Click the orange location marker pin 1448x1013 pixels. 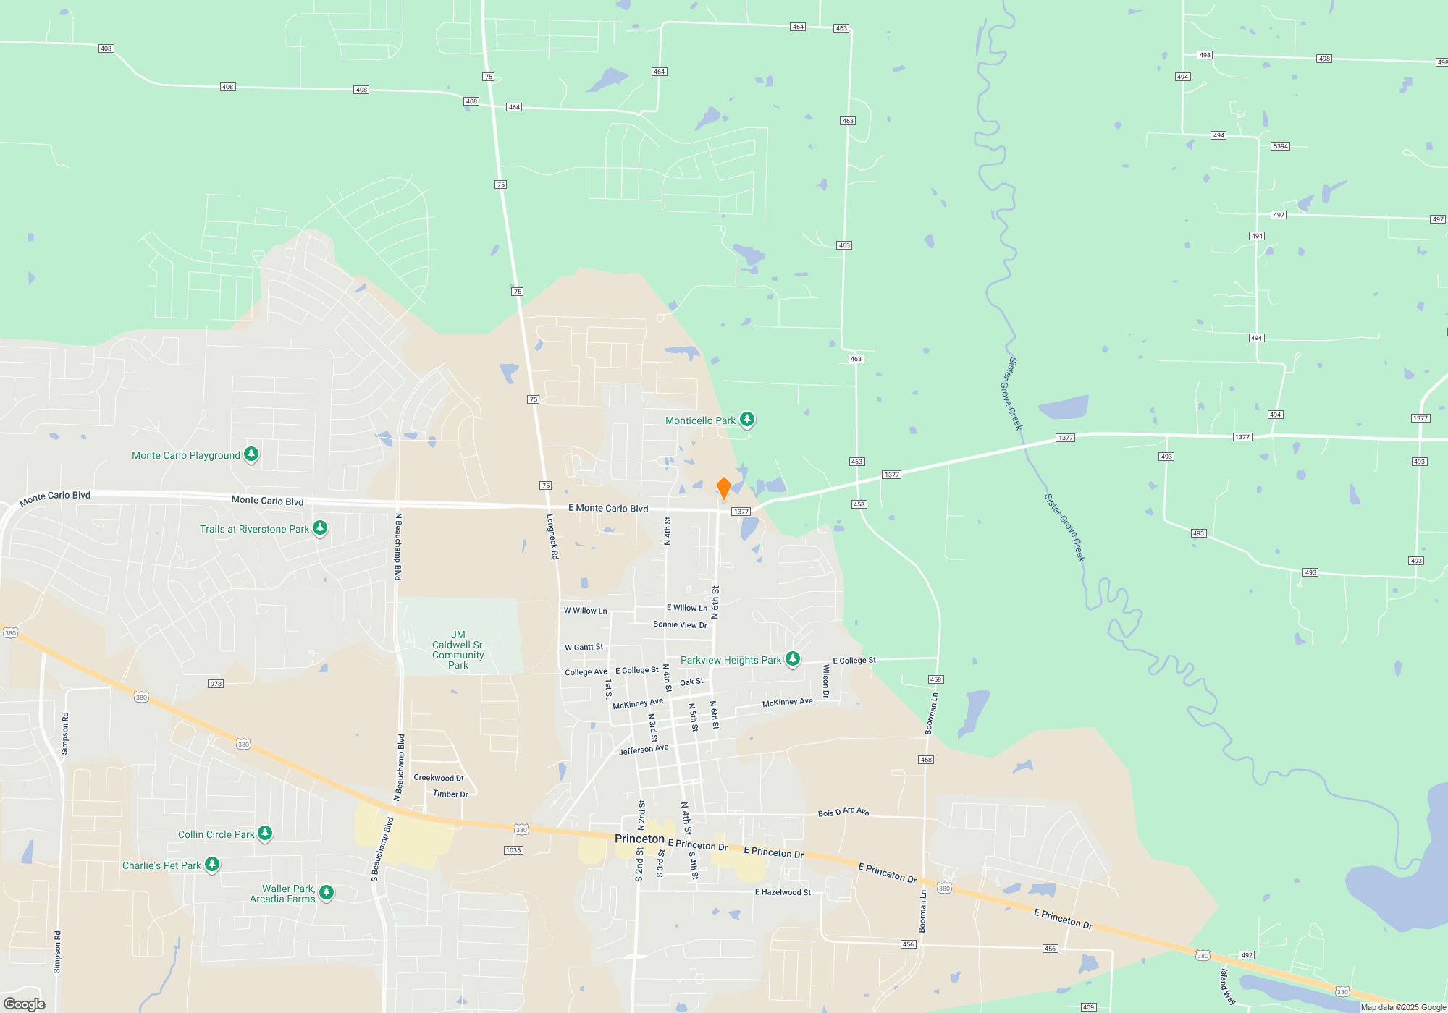pyautogui.click(x=723, y=488)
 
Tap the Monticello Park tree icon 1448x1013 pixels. pyautogui.click(x=747, y=420)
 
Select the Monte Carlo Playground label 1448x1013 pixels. pyautogui.click(x=186, y=455)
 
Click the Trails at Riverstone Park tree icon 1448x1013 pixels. pyautogui.click(x=319, y=528)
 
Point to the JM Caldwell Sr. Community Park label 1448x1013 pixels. pyautogui.click(x=458, y=650)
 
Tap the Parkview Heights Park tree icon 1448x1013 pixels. pyautogui.click(x=793, y=659)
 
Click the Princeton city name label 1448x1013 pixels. pyautogui.click(x=639, y=839)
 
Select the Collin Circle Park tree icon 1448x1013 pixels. pyautogui.click(x=265, y=834)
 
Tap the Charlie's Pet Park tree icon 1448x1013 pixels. pyautogui.click(x=212, y=865)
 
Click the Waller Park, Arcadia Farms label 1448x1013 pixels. pyautogui.click(x=282, y=894)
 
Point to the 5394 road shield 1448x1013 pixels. pyautogui.click(x=1280, y=146)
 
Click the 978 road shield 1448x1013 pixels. pyautogui.click(x=216, y=684)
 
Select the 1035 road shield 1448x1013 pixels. pyautogui.click(x=513, y=850)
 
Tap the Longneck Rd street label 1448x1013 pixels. pyautogui.click(x=552, y=536)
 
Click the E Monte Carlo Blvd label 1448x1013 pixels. pyautogui.click(x=608, y=509)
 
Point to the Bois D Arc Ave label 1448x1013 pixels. pyautogui.click(x=843, y=812)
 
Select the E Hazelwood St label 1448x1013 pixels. pyautogui.click(x=783, y=892)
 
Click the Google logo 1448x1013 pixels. pyautogui.click(x=25, y=1004)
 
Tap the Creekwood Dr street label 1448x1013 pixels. pyautogui.click(x=439, y=778)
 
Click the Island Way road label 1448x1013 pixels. pyautogui.click(x=1228, y=986)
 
